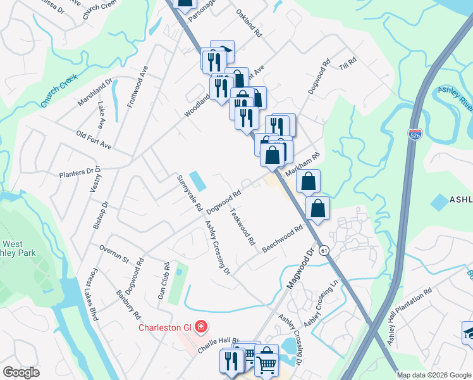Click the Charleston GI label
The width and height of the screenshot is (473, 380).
[x=167, y=327]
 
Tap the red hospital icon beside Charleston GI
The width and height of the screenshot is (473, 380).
[x=200, y=327]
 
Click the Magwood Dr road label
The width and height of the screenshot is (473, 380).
[x=300, y=269]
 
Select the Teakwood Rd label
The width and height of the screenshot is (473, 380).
[x=242, y=227]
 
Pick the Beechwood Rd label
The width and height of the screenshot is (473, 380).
[x=283, y=237]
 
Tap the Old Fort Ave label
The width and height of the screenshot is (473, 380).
[x=94, y=141]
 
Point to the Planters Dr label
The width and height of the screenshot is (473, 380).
[x=76, y=172]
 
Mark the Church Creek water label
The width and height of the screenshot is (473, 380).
[x=58, y=90]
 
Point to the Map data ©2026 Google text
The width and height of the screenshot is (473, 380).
[x=434, y=375]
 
